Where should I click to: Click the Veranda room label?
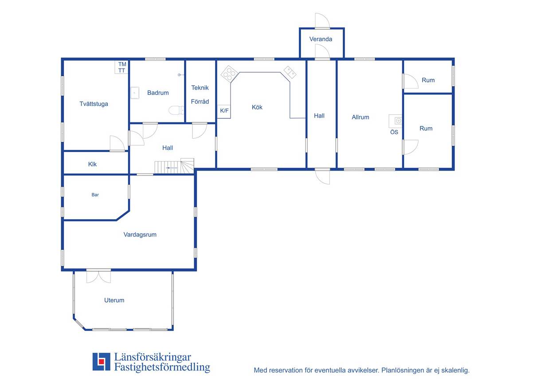click(321, 39)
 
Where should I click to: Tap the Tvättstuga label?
click(94, 104)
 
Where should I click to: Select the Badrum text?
click(158, 93)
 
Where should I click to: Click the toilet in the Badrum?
click(176, 110)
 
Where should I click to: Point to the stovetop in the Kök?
click(229, 74)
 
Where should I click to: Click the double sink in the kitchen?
click(290, 72)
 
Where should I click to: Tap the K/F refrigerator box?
click(224, 112)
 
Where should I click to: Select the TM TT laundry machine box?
click(121, 67)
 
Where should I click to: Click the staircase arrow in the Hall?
click(172, 168)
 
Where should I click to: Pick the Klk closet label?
click(92, 164)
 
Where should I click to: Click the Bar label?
click(95, 195)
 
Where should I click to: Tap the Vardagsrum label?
click(140, 234)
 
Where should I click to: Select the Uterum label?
click(114, 300)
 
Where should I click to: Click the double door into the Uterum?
click(98, 276)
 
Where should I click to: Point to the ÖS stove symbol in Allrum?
click(396, 121)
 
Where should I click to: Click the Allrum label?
click(361, 117)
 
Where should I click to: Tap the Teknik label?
click(200, 88)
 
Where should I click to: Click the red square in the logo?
click(102, 361)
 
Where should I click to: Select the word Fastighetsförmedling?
click(162, 367)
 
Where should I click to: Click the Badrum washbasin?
click(135, 93)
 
